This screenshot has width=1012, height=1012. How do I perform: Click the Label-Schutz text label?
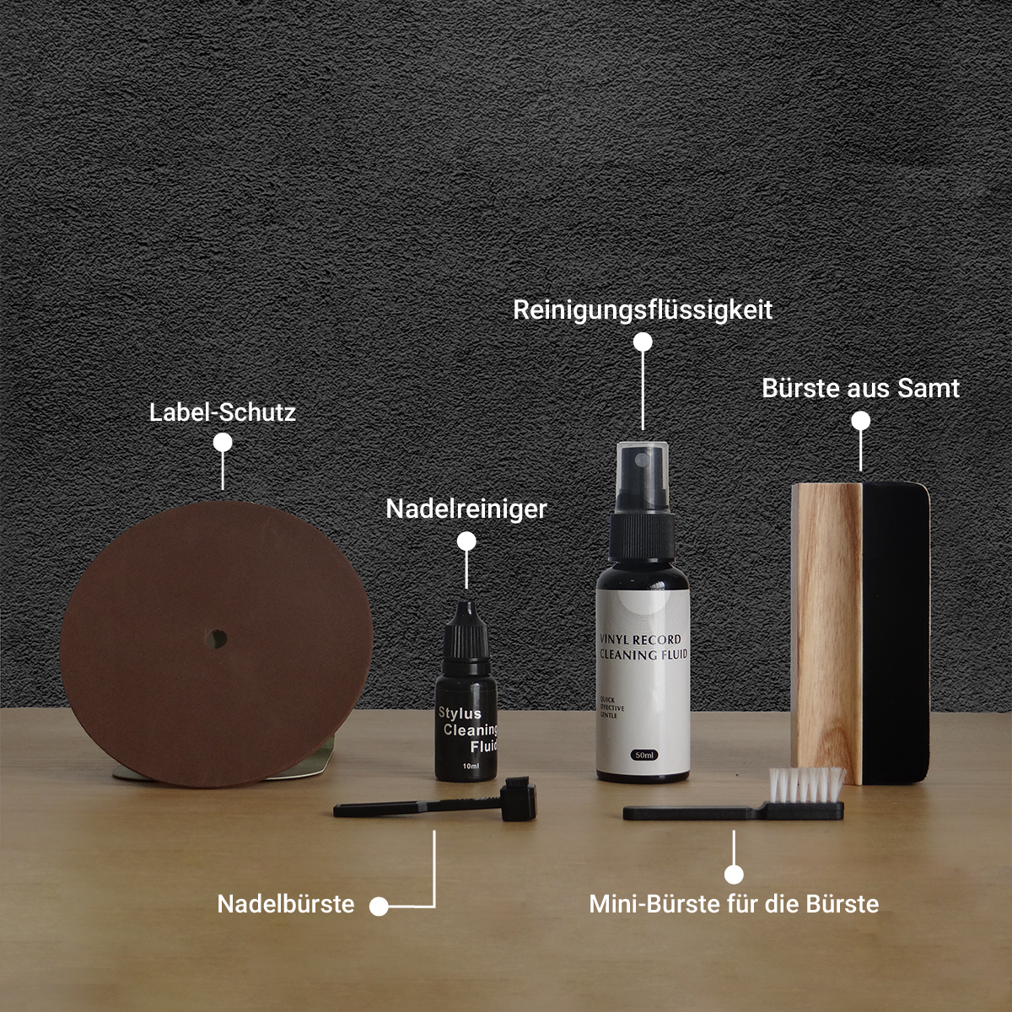point(223,412)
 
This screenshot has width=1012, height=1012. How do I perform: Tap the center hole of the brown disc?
point(218,638)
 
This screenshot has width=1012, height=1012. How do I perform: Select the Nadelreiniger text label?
point(466,509)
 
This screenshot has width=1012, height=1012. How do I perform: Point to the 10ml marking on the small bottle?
point(471,766)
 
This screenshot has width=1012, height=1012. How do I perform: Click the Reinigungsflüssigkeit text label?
point(643,310)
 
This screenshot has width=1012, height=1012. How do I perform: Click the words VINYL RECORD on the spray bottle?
point(640,639)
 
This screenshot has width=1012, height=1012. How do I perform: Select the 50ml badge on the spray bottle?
point(644,755)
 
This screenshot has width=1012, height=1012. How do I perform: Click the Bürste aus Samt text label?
point(860,388)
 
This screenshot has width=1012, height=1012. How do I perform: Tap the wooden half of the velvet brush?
point(826,632)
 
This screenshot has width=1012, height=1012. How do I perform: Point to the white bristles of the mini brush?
point(807,784)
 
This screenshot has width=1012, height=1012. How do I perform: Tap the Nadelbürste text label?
point(286,904)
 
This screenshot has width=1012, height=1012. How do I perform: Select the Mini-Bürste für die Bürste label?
point(734,904)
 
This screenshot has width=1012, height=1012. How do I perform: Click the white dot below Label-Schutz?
point(223,443)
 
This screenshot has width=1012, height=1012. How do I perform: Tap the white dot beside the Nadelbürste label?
point(379,907)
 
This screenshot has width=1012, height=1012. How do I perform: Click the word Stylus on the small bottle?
point(460,713)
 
